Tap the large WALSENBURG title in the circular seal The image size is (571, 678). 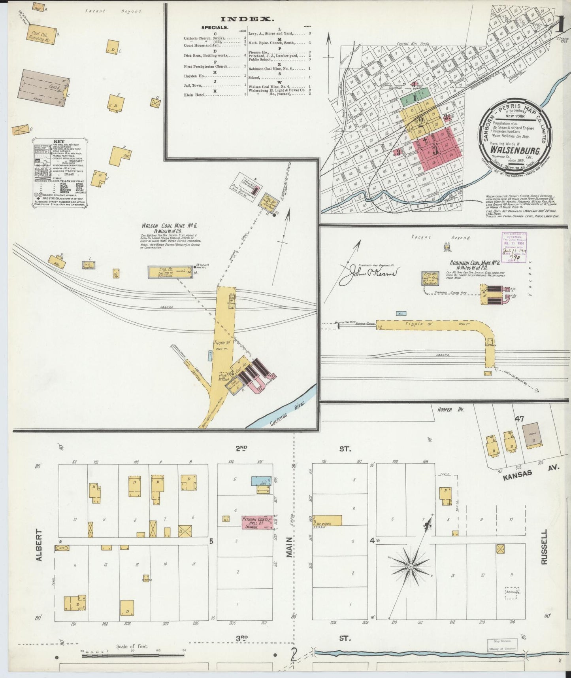pyautogui.click(x=515, y=150)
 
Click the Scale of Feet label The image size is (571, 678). pyautogui.click(x=132, y=646)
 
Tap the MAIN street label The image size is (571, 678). pyautogui.click(x=289, y=547)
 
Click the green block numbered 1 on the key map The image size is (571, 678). pyautogui.click(x=415, y=97)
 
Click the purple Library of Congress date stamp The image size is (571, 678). pyautogui.click(x=513, y=248)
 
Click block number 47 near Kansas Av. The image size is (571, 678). pyautogui.click(x=519, y=419)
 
